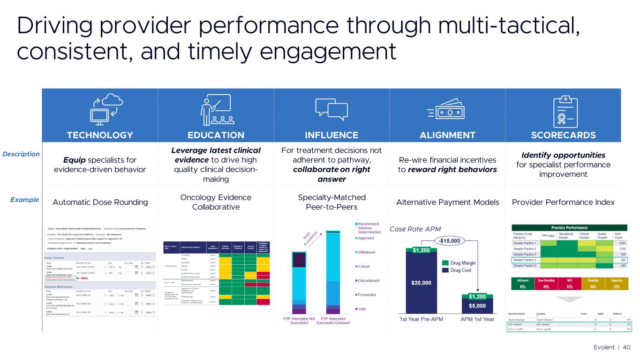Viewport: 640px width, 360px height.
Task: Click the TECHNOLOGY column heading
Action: pos(100,135)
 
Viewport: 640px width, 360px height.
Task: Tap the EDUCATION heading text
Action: pos(216,135)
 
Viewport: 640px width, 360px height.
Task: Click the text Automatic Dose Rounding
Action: pos(100,202)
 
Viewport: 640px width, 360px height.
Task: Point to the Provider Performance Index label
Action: pos(563,202)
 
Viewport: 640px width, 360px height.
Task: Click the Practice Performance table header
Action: pos(564,228)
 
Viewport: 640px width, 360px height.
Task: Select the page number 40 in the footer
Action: pos(626,347)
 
